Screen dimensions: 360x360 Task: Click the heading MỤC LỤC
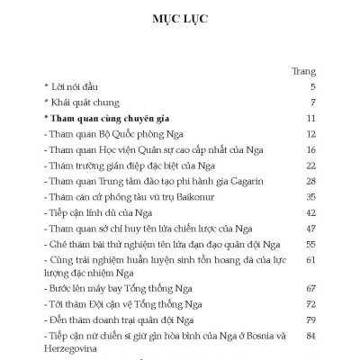pos(180,19)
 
